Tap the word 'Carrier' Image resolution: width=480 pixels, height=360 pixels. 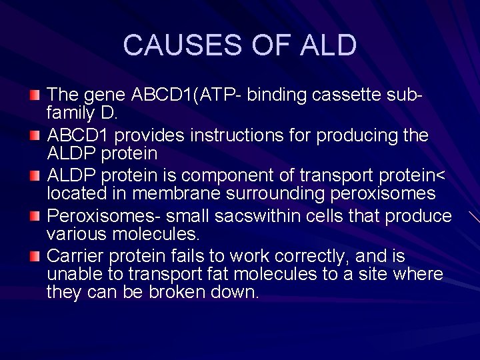(x=75, y=256)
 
